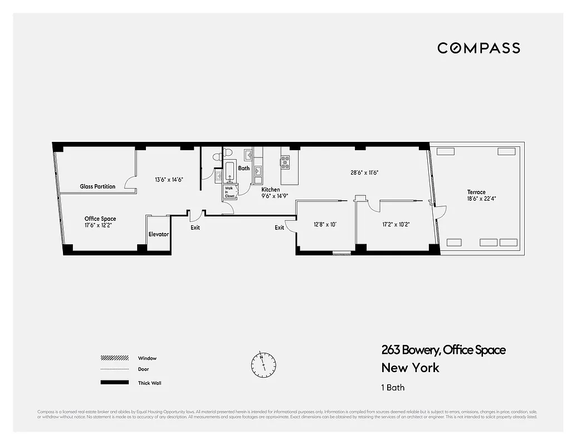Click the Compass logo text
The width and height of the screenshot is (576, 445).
tap(479, 48)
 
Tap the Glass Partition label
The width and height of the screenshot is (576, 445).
tap(97, 186)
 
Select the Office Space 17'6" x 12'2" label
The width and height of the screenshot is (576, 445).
tap(100, 222)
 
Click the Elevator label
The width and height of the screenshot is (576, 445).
tap(158, 234)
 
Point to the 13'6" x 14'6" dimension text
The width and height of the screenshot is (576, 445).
tap(169, 180)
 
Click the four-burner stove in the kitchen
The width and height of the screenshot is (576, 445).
tap(285, 162)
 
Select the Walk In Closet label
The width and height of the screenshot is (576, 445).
tap(230, 192)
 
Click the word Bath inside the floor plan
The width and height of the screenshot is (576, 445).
tap(244, 167)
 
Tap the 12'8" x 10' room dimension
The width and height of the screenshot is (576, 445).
tap(325, 225)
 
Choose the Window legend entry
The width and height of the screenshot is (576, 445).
tap(133, 358)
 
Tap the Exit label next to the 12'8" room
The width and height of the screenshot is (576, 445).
tap(279, 228)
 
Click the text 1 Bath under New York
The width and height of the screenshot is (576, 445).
tap(393, 388)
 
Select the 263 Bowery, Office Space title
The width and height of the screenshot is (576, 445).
tap(443, 350)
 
